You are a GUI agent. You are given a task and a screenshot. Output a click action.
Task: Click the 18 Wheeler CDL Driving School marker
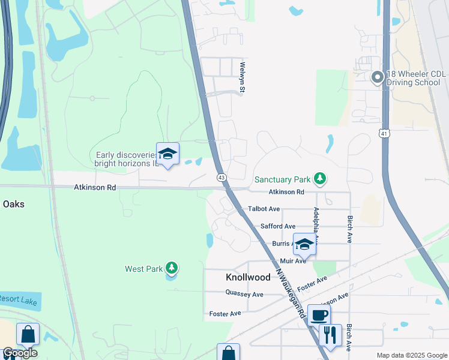click(x=377, y=77)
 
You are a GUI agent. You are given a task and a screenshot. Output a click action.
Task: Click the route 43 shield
click(x=221, y=178)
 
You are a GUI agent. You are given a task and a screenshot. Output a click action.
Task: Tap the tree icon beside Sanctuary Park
click(x=321, y=179)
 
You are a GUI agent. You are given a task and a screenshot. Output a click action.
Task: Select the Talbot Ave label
click(x=264, y=209)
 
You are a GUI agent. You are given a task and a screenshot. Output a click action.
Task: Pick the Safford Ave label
click(x=277, y=226)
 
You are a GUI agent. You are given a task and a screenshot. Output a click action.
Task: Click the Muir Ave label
click(x=293, y=261)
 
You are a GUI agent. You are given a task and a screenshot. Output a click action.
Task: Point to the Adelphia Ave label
click(x=315, y=225)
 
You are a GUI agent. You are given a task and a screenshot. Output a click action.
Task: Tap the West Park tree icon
click(x=172, y=268)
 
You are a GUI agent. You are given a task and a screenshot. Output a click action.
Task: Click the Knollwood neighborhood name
click(x=248, y=278)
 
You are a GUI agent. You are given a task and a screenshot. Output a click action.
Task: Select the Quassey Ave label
click(x=244, y=294)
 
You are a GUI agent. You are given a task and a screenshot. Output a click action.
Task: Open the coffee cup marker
click(x=319, y=314)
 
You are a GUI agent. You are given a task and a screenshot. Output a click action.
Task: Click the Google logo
click(x=20, y=353)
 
